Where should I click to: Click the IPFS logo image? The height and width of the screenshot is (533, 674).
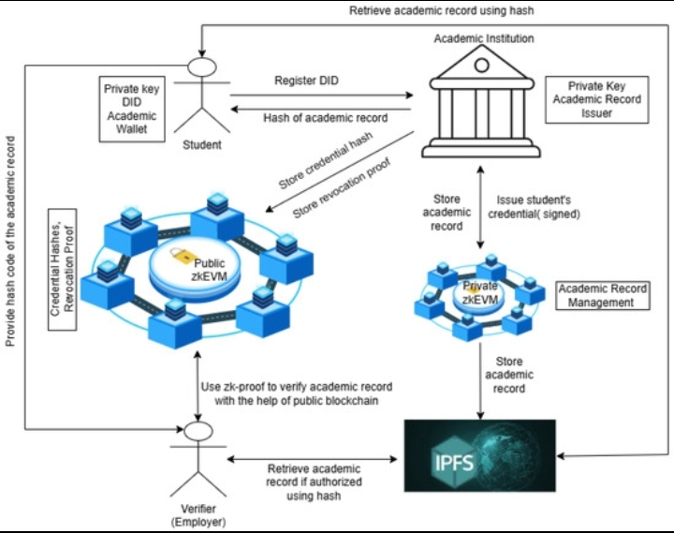479,456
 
